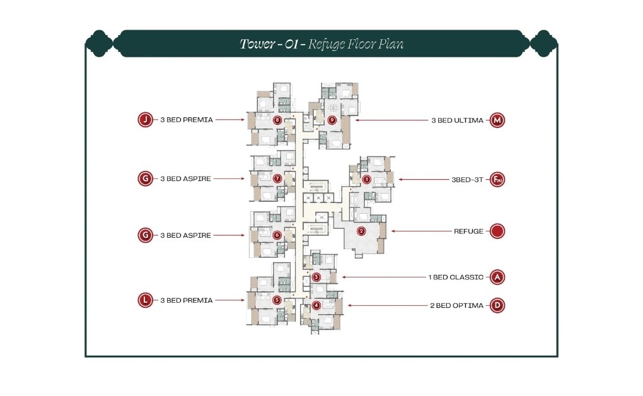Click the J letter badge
(146, 119)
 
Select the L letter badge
(146, 300)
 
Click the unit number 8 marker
(276, 119)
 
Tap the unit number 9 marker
(332, 119)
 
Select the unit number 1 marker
(366, 180)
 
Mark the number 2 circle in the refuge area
(361, 231)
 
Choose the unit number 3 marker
(316, 277)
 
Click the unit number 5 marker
(277, 300)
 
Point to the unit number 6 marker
(277, 235)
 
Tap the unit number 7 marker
(277, 178)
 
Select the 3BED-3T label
(466, 180)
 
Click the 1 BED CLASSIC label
(455, 277)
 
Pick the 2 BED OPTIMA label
(456, 306)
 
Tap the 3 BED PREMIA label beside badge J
(187, 119)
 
